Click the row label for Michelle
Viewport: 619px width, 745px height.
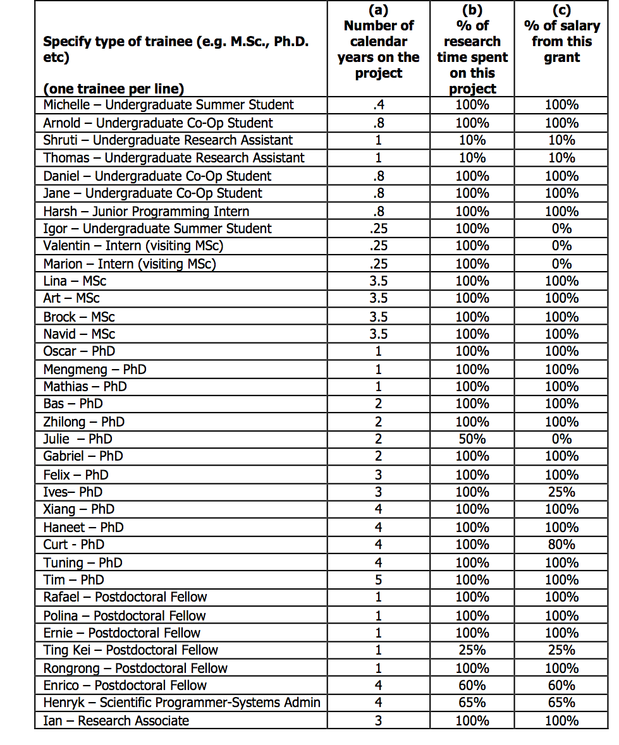(x=168, y=105)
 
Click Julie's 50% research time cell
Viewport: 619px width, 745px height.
(x=472, y=439)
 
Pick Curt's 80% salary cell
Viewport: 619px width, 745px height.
(x=561, y=545)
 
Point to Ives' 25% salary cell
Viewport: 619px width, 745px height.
(x=561, y=492)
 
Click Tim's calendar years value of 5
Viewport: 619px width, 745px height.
(x=378, y=580)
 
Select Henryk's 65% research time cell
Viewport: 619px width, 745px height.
(x=472, y=703)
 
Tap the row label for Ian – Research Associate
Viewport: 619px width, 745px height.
(x=116, y=720)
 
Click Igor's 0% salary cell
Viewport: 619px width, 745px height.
(x=561, y=229)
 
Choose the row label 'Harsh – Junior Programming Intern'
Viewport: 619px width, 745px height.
(x=146, y=211)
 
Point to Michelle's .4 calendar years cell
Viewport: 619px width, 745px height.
(x=378, y=105)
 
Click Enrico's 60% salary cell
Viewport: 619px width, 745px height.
(x=561, y=686)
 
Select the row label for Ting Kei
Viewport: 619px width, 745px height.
(x=130, y=650)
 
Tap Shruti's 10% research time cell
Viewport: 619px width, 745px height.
(x=472, y=140)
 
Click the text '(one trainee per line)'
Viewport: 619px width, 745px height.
(x=113, y=89)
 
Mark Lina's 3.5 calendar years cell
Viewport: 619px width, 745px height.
(x=378, y=281)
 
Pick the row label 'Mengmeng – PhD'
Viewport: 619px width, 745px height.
(x=95, y=369)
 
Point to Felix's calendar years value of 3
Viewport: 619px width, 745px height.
(x=378, y=475)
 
